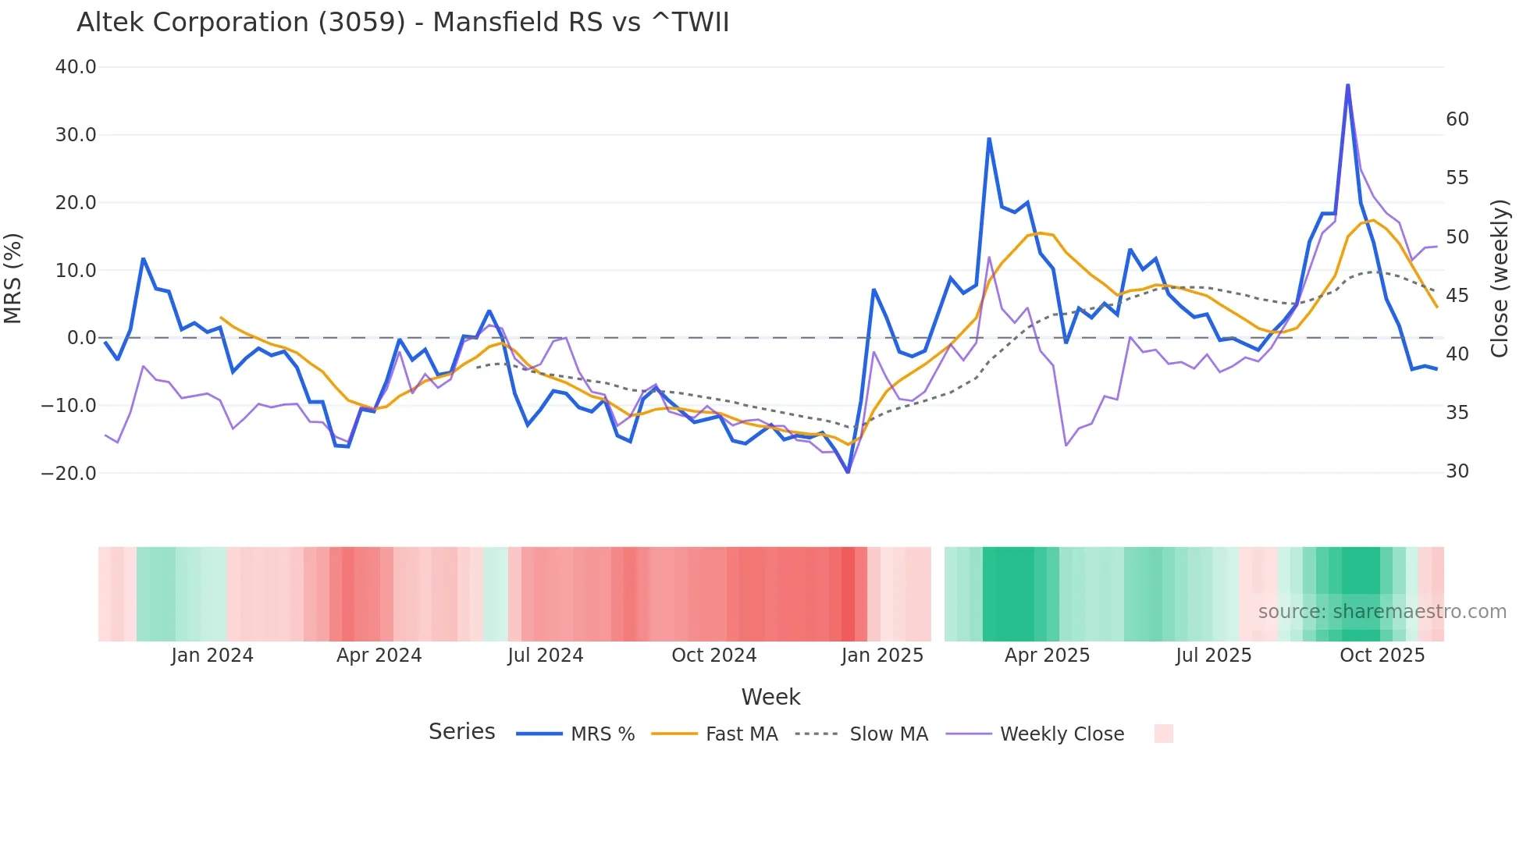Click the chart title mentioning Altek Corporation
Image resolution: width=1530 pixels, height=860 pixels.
(403, 23)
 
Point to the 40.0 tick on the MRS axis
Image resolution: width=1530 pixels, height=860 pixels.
(76, 67)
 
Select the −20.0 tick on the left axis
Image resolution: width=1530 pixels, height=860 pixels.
(69, 473)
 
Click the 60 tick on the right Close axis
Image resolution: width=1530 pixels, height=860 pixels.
(1457, 119)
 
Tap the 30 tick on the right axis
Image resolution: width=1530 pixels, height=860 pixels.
(1457, 471)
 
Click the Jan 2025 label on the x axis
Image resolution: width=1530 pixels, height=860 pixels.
(882, 656)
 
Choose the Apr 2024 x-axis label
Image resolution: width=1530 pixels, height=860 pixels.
(379, 656)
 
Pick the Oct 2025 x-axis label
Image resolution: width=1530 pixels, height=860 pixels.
(1382, 656)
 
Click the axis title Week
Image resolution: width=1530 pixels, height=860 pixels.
(770, 697)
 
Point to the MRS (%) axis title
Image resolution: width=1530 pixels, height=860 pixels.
(13, 278)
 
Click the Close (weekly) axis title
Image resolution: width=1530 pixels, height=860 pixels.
(1499, 278)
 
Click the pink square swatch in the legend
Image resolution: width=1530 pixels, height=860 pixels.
(1163, 734)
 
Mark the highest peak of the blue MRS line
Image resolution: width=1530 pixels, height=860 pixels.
(1347, 84)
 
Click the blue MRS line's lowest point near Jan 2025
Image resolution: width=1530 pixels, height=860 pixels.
(848, 472)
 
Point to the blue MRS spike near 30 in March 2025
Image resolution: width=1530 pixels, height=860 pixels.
(989, 139)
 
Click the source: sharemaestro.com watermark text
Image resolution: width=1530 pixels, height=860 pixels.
(1382, 612)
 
